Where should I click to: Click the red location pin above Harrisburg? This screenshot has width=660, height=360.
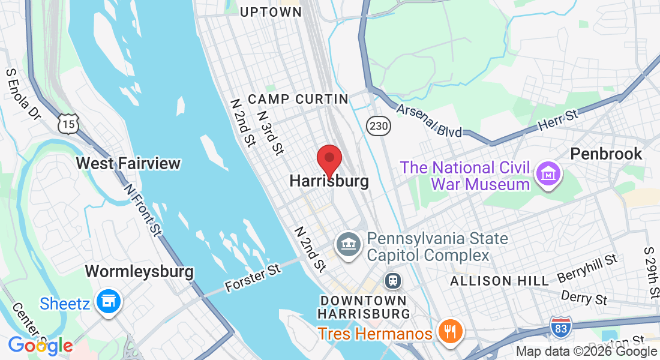[x=329, y=159]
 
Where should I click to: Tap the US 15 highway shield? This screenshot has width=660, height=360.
[x=67, y=124]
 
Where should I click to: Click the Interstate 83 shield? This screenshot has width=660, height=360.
[x=560, y=328]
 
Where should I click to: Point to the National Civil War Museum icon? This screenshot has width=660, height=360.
[x=548, y=174]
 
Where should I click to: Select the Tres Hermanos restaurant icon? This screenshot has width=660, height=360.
[x=449, y=331]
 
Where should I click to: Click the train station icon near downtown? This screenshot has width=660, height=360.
[x=393, y=280]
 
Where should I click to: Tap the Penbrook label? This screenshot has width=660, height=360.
[x=606, y=154]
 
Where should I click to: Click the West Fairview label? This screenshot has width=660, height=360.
[x=128, y=163]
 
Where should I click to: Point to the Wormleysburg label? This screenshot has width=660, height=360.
[x=139, y=271]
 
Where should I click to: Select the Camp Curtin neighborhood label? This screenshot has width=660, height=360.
[x=298, y=99]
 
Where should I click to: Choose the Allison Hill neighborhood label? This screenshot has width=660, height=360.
[x=499, y=281]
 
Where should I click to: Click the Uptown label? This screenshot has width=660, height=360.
[x=270, y=12]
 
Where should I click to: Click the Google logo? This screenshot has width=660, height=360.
[x=40, y=346]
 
